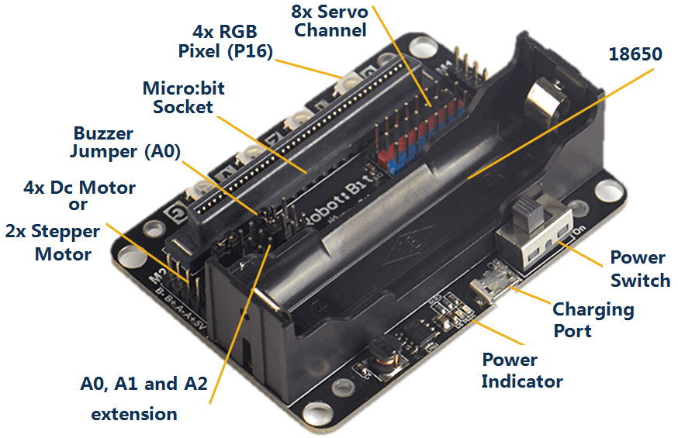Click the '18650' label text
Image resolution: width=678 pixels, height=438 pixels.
(635, 55)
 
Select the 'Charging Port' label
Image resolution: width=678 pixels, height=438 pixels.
(593, 319)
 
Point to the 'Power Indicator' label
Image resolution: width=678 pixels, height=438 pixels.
(521, 371)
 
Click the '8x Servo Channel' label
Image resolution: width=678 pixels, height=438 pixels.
(330, 21)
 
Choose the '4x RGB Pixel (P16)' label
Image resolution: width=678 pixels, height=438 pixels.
(225, 42)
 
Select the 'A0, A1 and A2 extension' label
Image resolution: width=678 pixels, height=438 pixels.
(144, 398)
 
